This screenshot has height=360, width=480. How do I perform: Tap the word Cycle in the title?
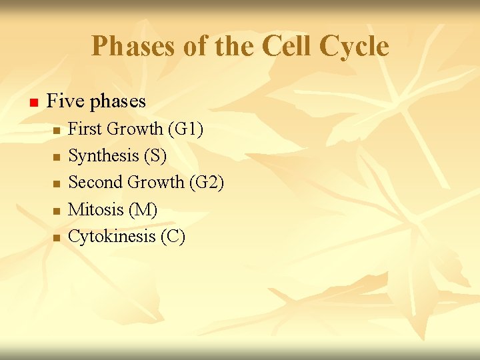pyautogui.click(x=353, y=47)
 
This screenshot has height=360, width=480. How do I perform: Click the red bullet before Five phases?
pyautogui.click(x=31, y=103)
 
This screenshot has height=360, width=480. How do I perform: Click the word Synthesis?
pyautogui.click(x=103, y=156)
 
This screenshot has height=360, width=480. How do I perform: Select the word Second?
pyautogui.click(x=96, y=182)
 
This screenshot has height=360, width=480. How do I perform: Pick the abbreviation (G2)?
pyautogui.click(x=207, y=182)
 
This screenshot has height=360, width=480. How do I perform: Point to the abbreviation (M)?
pyautogui.click(x=143, y=209)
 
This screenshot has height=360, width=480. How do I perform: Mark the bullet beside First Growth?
pyautogui.click(x=57, y=131)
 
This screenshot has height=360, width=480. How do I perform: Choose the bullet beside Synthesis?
pyautogui.click(x=57, y=157)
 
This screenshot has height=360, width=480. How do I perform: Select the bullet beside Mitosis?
pyautogui.click(x=57, y=211)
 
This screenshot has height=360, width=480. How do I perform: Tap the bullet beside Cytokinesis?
pyautogui.click(x=57, y=238)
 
